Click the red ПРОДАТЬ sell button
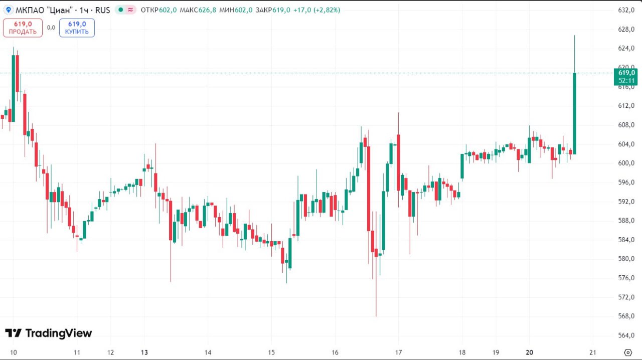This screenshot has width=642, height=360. click(x=23, y=28)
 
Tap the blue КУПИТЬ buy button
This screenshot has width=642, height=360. click(x=77, y=28)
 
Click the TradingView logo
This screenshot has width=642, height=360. click(x=49, y=333)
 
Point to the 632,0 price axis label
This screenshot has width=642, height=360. click(x=626, y=10)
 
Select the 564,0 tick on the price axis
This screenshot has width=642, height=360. click(x=626, y=335)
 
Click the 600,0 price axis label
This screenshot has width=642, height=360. click(x=626, y=163)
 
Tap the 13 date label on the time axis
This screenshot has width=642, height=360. click(x=144, y=352)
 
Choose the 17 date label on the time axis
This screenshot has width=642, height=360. click(x=399, y=352)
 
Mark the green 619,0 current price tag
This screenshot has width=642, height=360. click(x=626, y=73)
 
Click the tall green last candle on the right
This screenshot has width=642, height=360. click(x=574, y=113)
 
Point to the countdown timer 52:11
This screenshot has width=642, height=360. click(x=626, y=81)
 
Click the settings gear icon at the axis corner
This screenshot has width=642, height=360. click(x=627, y=352)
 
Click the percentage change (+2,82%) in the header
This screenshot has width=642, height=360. click(x=327, y=10)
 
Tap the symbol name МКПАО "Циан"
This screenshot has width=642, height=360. click(x=46, y=10)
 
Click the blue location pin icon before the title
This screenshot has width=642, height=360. click(x=9, y=10)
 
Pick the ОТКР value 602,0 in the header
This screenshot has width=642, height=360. click(x=168, y=10)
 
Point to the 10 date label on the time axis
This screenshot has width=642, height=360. click(x=14, y=352)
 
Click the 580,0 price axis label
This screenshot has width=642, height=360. click(x=626, y=259)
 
